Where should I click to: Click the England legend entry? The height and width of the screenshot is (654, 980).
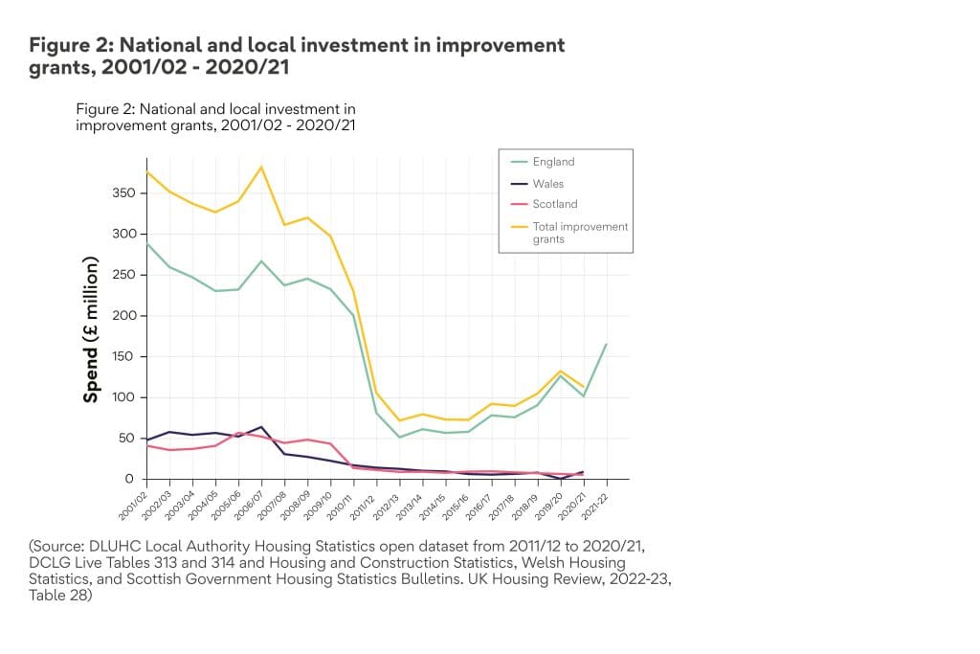coord(554,163)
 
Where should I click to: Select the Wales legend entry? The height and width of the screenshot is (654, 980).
coord(548,184)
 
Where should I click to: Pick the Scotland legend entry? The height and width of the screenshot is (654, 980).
coord(554,204)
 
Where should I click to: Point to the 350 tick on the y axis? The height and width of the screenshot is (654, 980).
coord(131,194)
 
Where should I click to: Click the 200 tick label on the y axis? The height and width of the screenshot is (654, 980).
coord(131,316)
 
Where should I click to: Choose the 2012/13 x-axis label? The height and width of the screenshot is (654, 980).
coord(388,497)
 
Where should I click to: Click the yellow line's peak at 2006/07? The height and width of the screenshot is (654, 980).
coord(261,168)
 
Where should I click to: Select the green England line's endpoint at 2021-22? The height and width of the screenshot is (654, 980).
coord(606,344)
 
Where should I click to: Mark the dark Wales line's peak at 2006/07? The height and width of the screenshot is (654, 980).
coord(261,427)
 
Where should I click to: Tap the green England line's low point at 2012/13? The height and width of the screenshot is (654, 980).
coord(399,438)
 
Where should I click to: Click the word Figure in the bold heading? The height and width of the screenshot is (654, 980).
coord(59,45)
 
